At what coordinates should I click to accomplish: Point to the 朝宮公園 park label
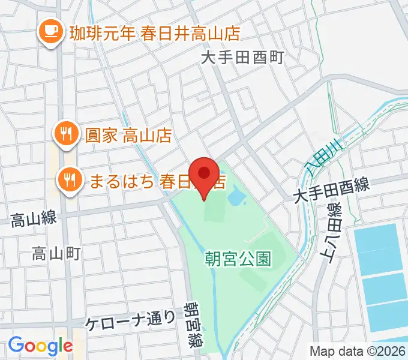tap(238, 259)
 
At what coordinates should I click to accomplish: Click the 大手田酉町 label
tap(242, 58)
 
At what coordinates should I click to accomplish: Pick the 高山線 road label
tap(34, 220)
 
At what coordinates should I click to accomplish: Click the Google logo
tap(40, 345)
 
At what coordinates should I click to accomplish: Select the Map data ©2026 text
tap(357, 351)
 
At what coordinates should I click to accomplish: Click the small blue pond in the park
tap(235, 196)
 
